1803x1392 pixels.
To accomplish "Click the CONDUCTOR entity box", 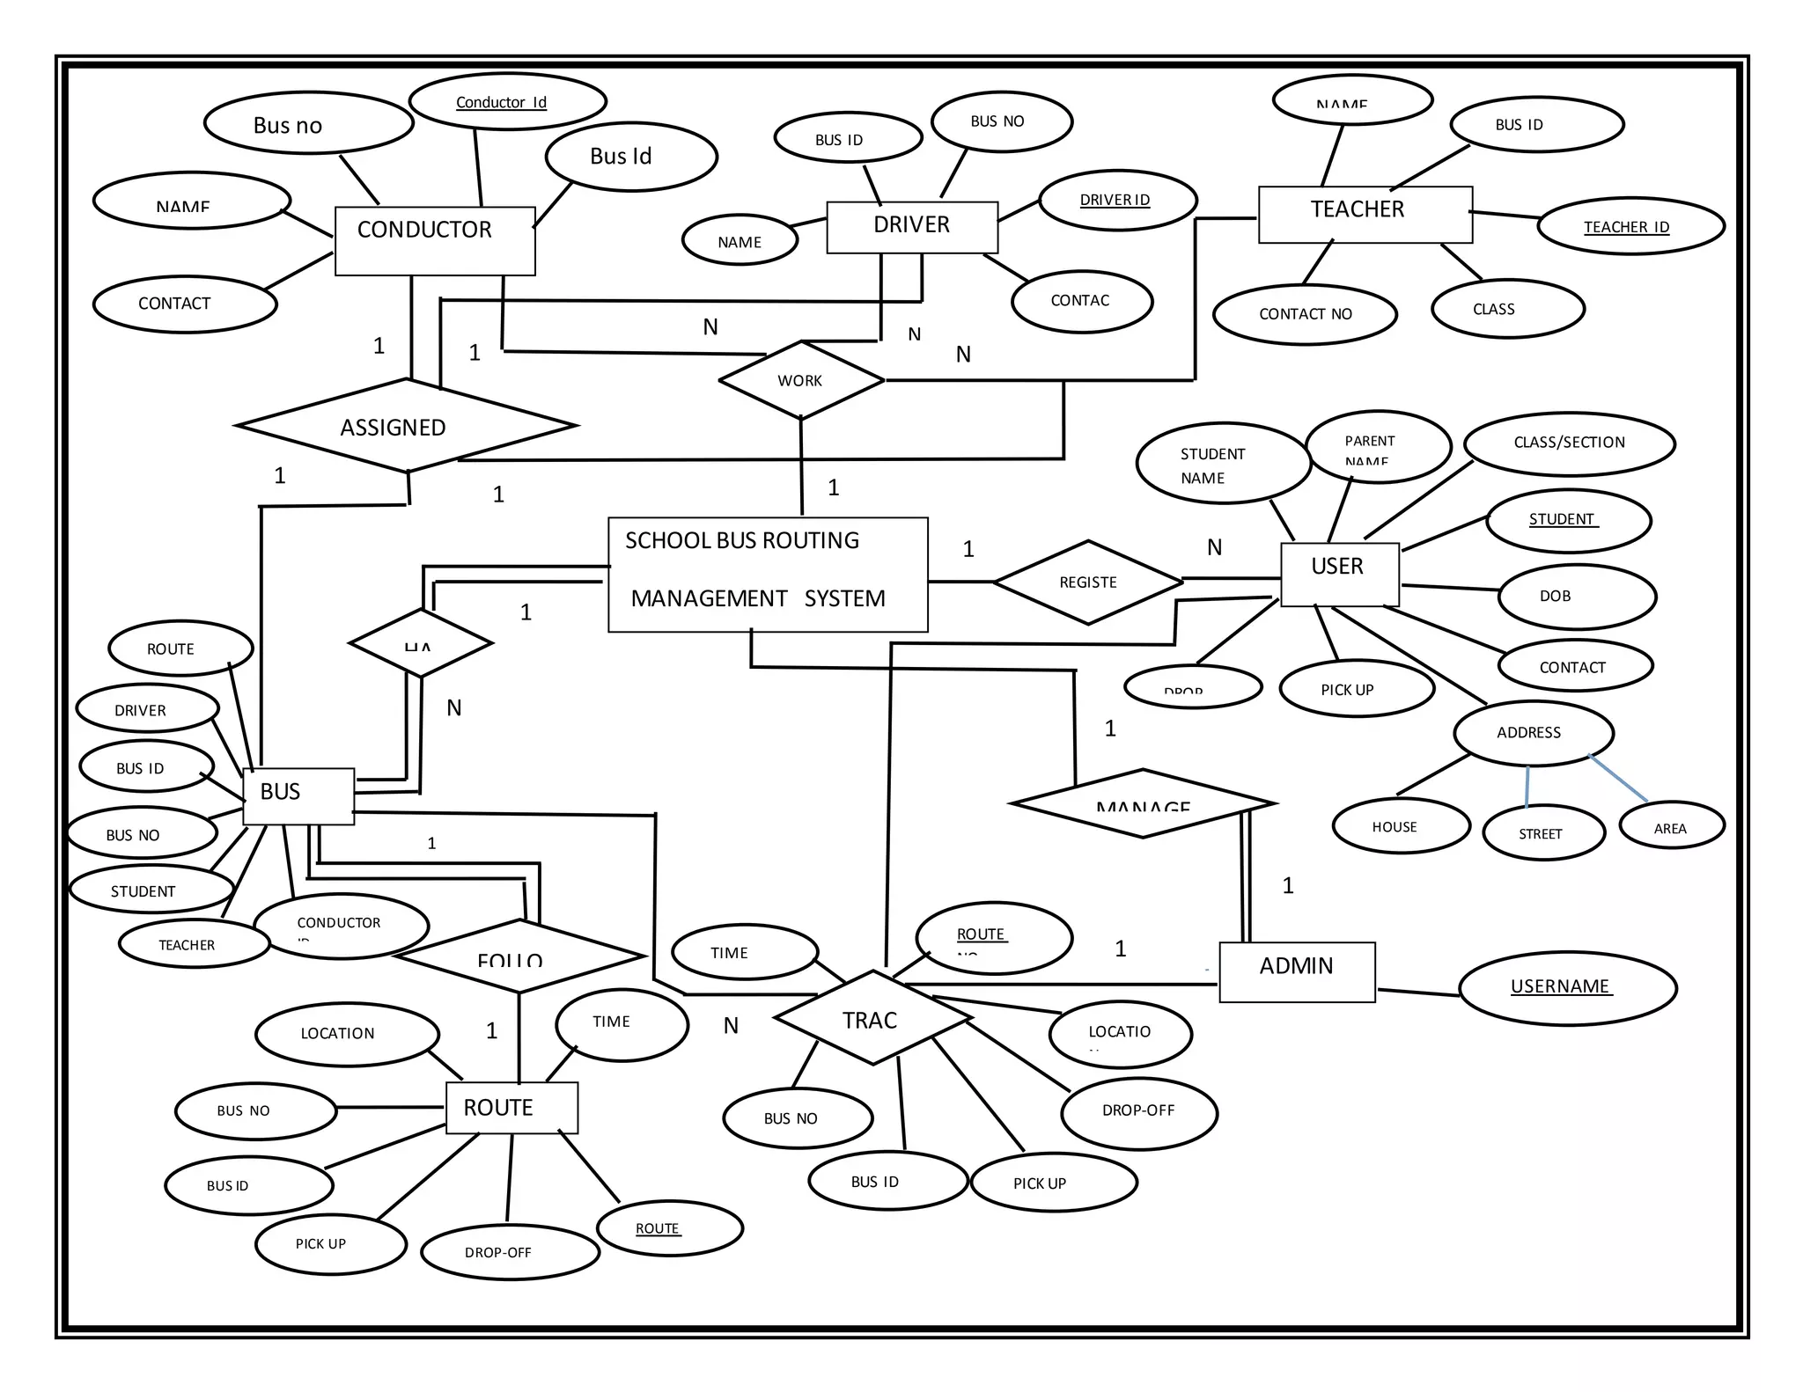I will (434, 240).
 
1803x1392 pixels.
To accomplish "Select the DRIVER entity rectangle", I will (911, 227).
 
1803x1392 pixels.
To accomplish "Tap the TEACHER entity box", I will (1365, 214).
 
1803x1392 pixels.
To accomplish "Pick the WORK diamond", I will (800, 380).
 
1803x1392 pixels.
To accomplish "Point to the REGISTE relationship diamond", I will (1088, 582).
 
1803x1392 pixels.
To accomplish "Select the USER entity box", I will (1339, 574).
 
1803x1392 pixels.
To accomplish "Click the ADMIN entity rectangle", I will (1296, 971).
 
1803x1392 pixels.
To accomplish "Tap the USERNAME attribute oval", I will (1567, 988).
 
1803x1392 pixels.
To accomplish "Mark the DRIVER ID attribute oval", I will (1117, 201).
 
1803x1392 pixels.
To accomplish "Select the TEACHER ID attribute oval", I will (1630, 226).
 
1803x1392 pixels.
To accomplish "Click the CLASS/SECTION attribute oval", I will (1569, 443).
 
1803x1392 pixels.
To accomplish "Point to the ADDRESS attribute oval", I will (1533, 733).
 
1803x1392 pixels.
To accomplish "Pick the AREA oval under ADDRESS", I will (1671, 826).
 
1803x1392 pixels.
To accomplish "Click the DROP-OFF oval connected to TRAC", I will (1139, 1112).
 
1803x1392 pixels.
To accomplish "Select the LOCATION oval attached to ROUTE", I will (346, 1034).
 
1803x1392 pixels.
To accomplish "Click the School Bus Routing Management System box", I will (768, 574).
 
